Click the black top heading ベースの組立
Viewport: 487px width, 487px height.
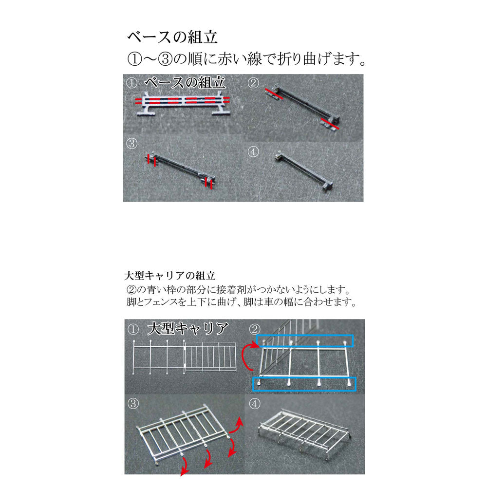point(172,37)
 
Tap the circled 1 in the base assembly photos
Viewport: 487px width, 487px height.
point(131,83)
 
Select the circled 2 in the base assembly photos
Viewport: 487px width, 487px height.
point(253,83)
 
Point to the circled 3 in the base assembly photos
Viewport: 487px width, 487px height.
point(131,144)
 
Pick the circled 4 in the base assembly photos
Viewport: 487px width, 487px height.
point(253,152)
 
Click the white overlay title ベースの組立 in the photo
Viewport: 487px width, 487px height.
point(185,83)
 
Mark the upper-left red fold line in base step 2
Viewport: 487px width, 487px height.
point(274,94)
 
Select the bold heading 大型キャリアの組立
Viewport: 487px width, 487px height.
point(169,276)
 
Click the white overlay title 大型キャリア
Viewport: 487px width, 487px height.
point(188,328)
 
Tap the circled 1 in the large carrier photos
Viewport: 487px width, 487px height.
point(133,329)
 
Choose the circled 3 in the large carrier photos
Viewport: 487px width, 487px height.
point(133,403)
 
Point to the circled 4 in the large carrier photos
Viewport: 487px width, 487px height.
point(254,404)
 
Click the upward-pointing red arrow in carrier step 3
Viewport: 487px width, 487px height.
point(237,426)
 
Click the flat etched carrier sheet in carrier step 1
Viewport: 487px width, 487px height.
point(185,357)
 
